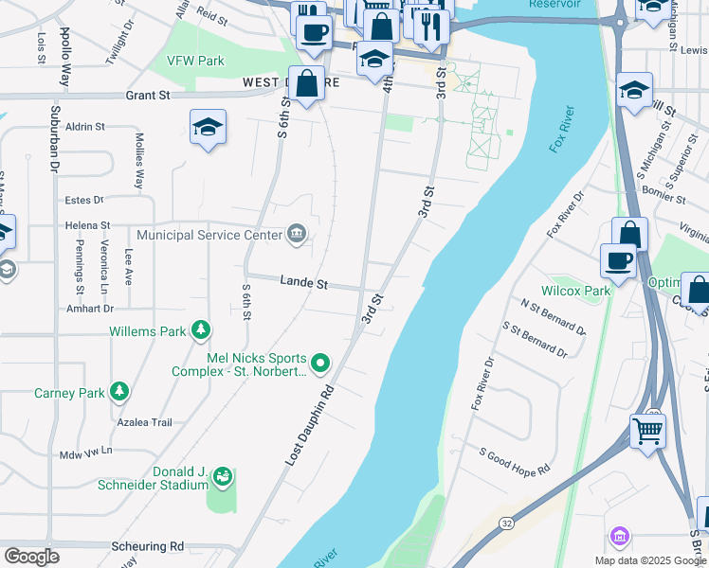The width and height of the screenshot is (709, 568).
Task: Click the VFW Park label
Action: tap(195, 61)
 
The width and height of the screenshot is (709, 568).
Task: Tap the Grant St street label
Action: tap(149, 96)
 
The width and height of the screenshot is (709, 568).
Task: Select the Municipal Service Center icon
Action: tap(297, 234)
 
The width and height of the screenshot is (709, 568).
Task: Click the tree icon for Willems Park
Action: tap(200, 330)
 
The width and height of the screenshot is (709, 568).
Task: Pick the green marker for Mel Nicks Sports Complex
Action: tap(320, 363)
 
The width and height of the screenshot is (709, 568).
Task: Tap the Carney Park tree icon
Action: tap(118, 391)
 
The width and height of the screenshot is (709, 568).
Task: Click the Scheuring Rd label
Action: tap(147, 546)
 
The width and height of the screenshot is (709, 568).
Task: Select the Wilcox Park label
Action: tap(575, 291)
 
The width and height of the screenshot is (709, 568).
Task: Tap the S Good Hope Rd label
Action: tap(515, 461)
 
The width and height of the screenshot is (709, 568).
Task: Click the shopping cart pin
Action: tap(647, 431)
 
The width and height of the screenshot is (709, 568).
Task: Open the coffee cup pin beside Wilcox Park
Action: tap(618, 259)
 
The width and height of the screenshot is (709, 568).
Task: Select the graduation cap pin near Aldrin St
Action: tap(208, 127)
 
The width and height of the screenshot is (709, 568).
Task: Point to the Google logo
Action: tap(32, 557)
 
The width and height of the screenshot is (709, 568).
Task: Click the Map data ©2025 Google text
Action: tap(650, 560)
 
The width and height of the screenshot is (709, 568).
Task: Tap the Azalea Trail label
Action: tap(143, 422)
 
